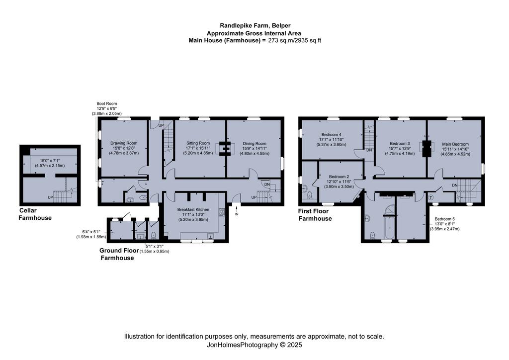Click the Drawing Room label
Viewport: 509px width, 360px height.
tap(124, 143)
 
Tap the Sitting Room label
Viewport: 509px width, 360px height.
tap(198, 143)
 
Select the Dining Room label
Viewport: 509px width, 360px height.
tap(254, 144)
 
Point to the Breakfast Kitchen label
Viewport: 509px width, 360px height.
tap(193, 210)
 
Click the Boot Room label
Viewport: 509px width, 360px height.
tap(107, 103)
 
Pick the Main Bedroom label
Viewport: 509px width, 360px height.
tap(455, 144)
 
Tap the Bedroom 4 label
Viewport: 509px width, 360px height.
tap(331, 134)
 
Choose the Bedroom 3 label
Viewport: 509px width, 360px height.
tap(400, 144)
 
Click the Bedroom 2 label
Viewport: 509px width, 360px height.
tap(339, 177)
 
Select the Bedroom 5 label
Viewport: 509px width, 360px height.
tap(445, 219)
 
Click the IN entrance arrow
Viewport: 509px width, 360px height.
tap(237, 210)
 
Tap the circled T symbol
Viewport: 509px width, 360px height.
tap(431, 197)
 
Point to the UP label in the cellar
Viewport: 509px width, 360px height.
tap(50, 197)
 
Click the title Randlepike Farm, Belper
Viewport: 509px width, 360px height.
tap(255, 25)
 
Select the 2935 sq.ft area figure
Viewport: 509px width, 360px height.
tap(308, 41)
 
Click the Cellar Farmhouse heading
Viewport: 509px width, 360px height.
tap(35, 214)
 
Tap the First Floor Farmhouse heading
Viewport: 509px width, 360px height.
tap(315, 215)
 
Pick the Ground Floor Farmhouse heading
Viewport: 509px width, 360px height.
tap(119, 254)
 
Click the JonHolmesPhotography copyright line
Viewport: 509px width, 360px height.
tap(254, 345)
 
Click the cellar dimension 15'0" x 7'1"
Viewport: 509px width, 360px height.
tap(50, 161)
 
